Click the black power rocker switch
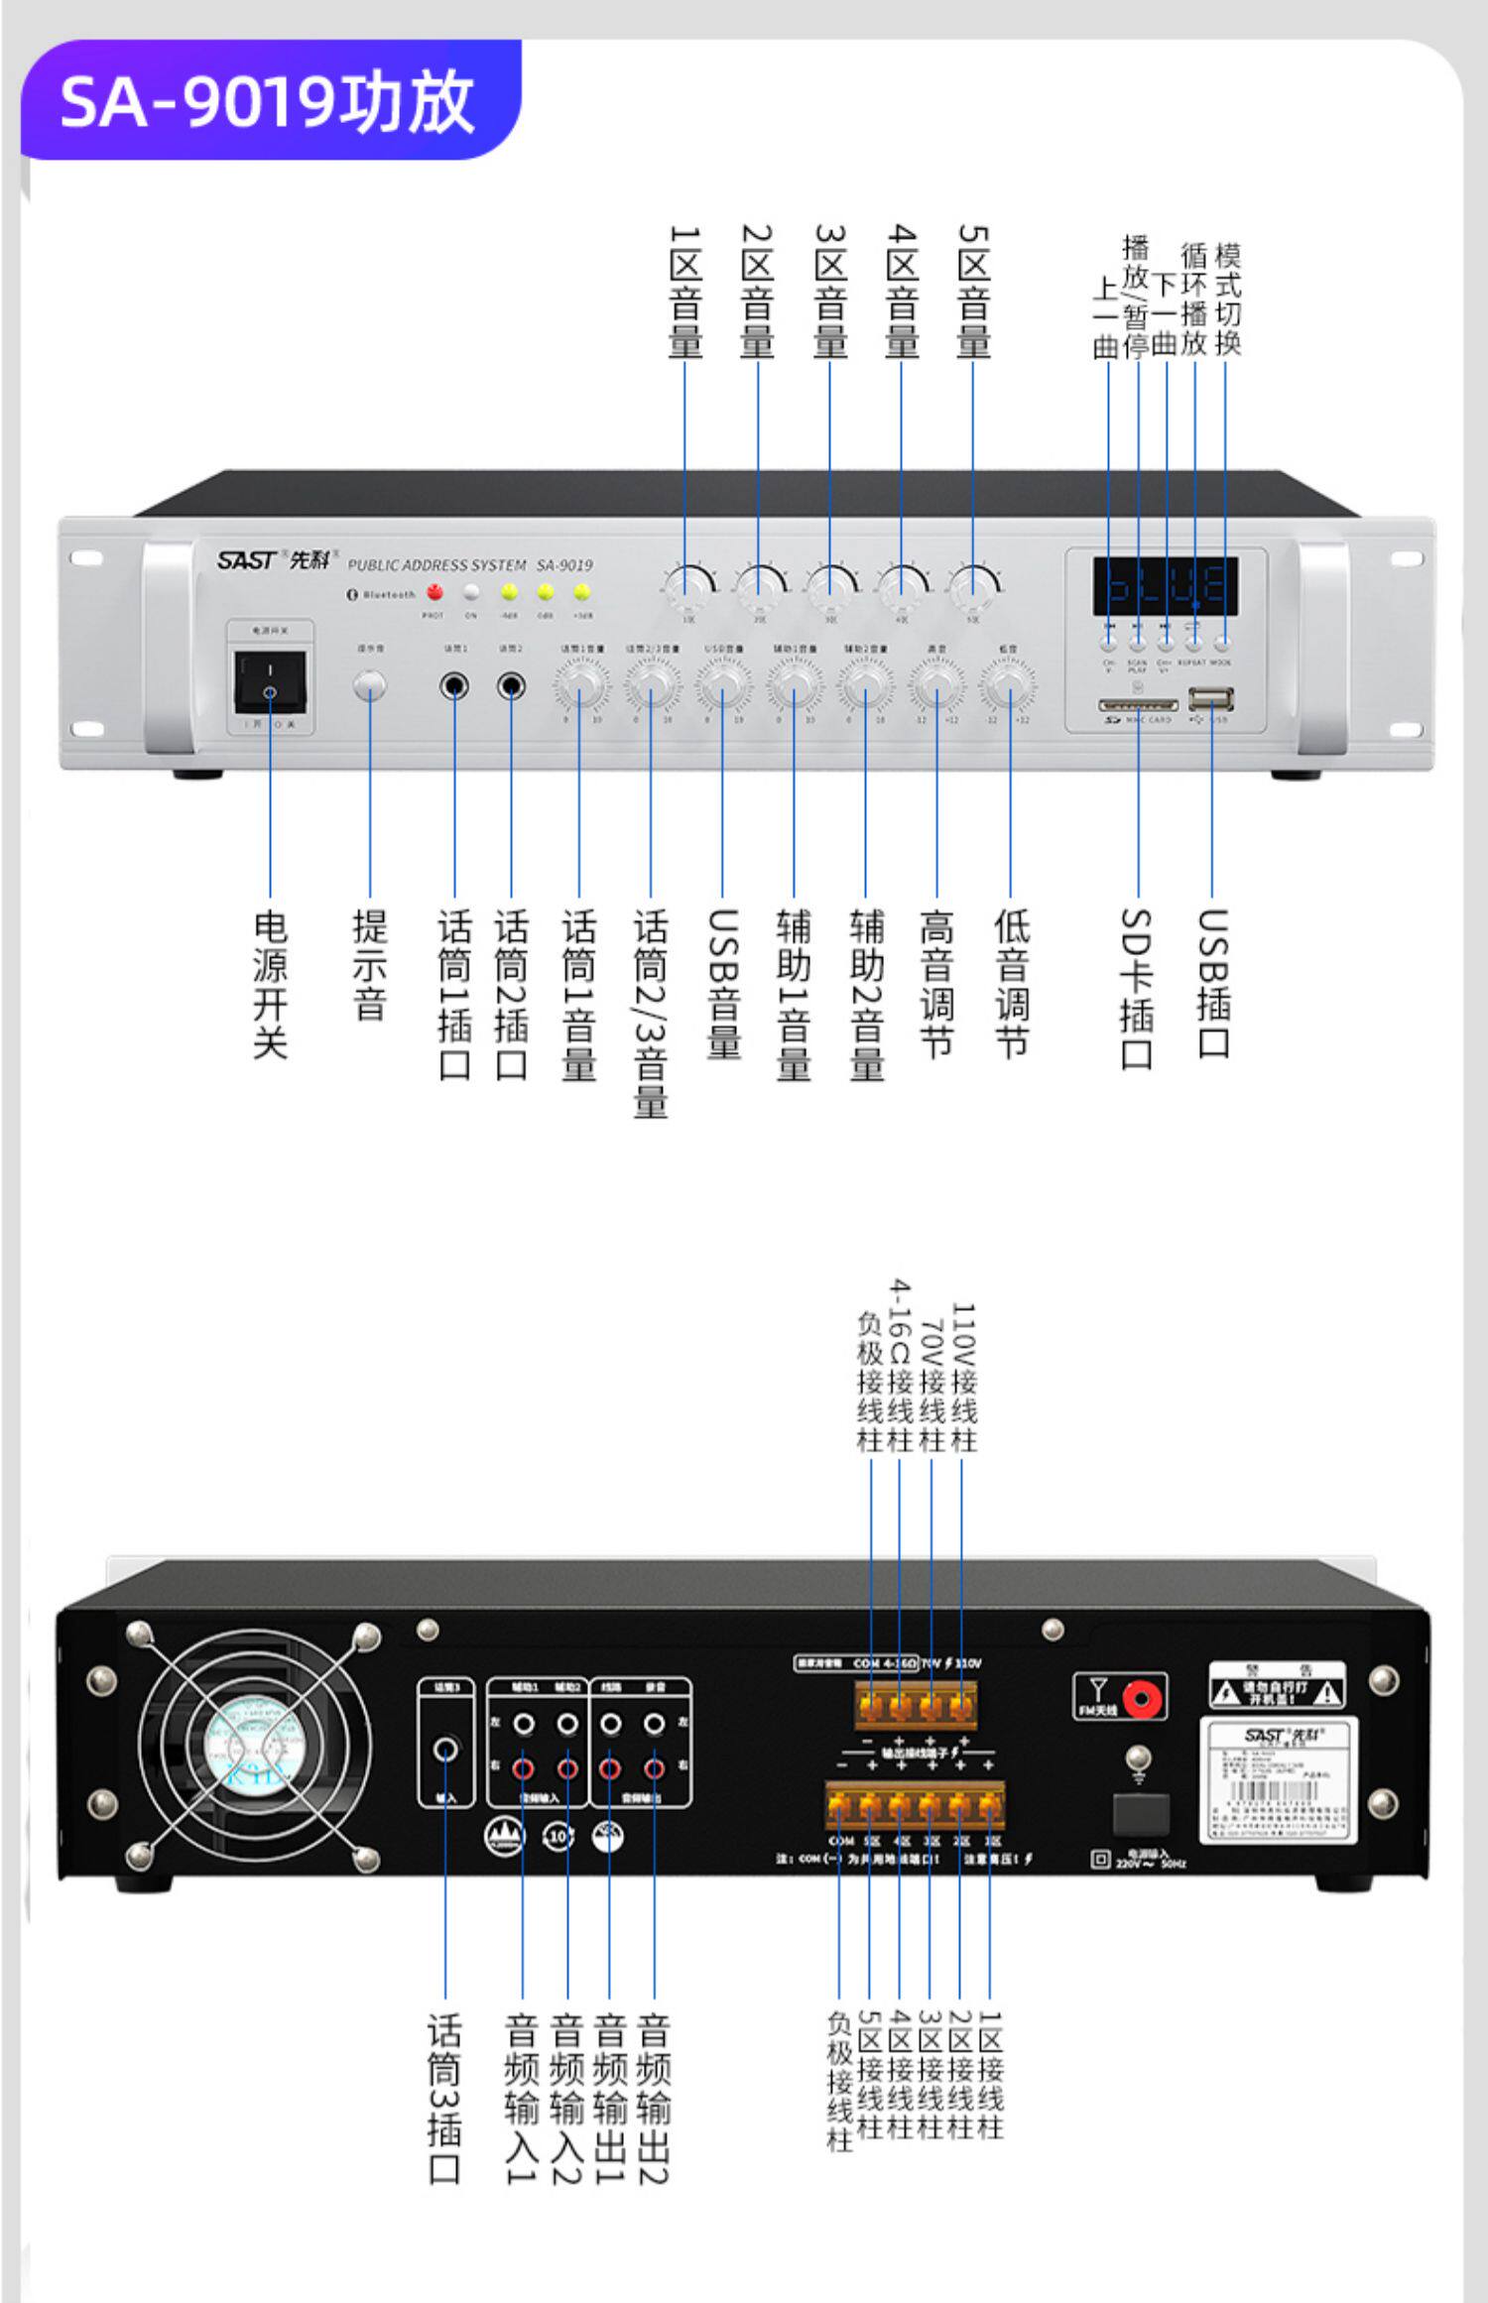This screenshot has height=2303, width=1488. (269, 680)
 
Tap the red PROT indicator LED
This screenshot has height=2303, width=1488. (434, 593)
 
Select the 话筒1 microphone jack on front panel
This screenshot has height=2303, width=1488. (454, 685)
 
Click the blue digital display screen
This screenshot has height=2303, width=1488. (1166, 585)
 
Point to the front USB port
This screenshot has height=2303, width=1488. (1211, 698)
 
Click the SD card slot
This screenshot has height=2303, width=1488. (1137, 705)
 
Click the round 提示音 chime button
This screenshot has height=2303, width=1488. (370, 684)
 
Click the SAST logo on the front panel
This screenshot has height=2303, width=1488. (245, 560)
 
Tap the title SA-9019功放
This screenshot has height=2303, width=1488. (268, 101)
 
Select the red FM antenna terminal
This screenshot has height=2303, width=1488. (1141, 1698)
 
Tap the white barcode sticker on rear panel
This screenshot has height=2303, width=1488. (1278, 1780)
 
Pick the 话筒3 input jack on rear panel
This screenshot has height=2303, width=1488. (445, 1749)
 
